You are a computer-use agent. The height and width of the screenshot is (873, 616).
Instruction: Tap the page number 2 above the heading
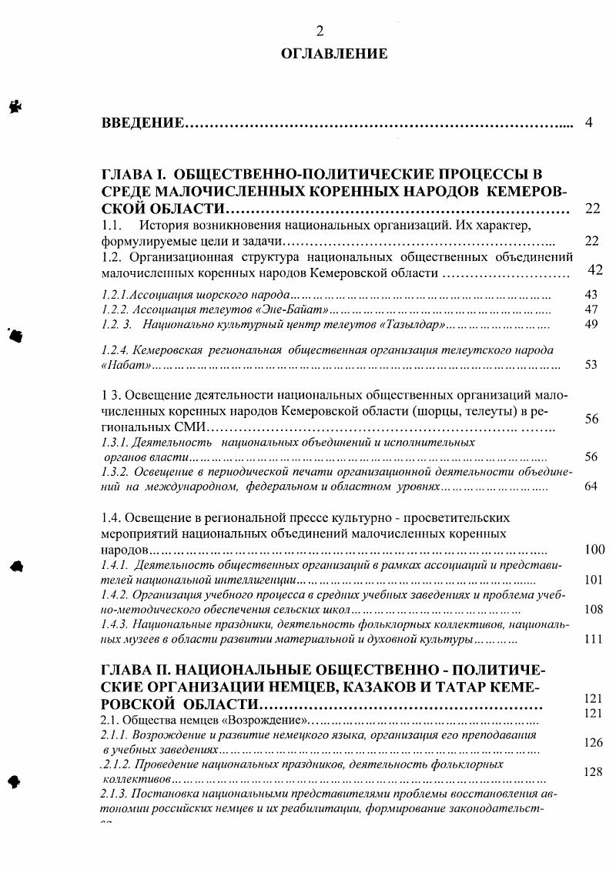(x=320, y=31)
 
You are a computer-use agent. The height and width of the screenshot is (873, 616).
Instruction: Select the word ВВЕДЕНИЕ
(x=142, y=123)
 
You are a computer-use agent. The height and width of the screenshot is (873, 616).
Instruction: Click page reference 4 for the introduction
(x=588, y=122)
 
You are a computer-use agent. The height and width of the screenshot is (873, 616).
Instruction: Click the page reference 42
(x=595, y=269)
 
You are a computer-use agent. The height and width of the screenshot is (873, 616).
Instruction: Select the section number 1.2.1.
(x=115, y=295)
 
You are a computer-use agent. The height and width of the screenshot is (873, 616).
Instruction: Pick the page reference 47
(x=591, y=309)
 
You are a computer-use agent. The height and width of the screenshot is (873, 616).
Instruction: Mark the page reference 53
(x=591, y=364)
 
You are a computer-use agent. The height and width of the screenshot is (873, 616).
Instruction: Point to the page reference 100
(x=594, y=549)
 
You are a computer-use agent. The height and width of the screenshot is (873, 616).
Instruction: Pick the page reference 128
(x=592, y=771)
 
